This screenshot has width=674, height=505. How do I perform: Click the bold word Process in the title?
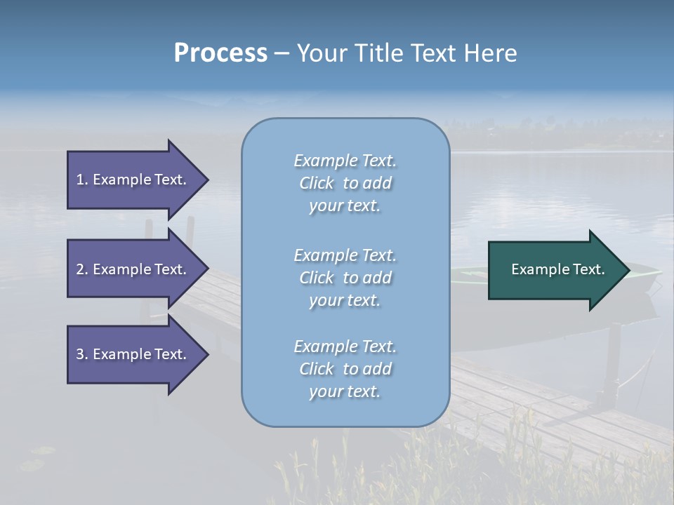220,53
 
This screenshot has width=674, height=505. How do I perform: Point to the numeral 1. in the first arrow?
82,180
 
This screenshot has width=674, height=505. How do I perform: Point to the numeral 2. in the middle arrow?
82,269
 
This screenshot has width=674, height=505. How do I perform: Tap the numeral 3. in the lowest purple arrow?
82,354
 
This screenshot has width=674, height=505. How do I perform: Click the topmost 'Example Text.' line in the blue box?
345,161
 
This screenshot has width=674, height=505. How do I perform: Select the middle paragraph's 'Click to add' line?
345,278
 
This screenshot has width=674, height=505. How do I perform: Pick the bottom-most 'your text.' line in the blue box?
345,391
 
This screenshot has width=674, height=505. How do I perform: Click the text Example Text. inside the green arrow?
558,269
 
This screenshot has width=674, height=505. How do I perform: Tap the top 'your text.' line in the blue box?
345,206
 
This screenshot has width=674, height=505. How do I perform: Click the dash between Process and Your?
282,53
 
